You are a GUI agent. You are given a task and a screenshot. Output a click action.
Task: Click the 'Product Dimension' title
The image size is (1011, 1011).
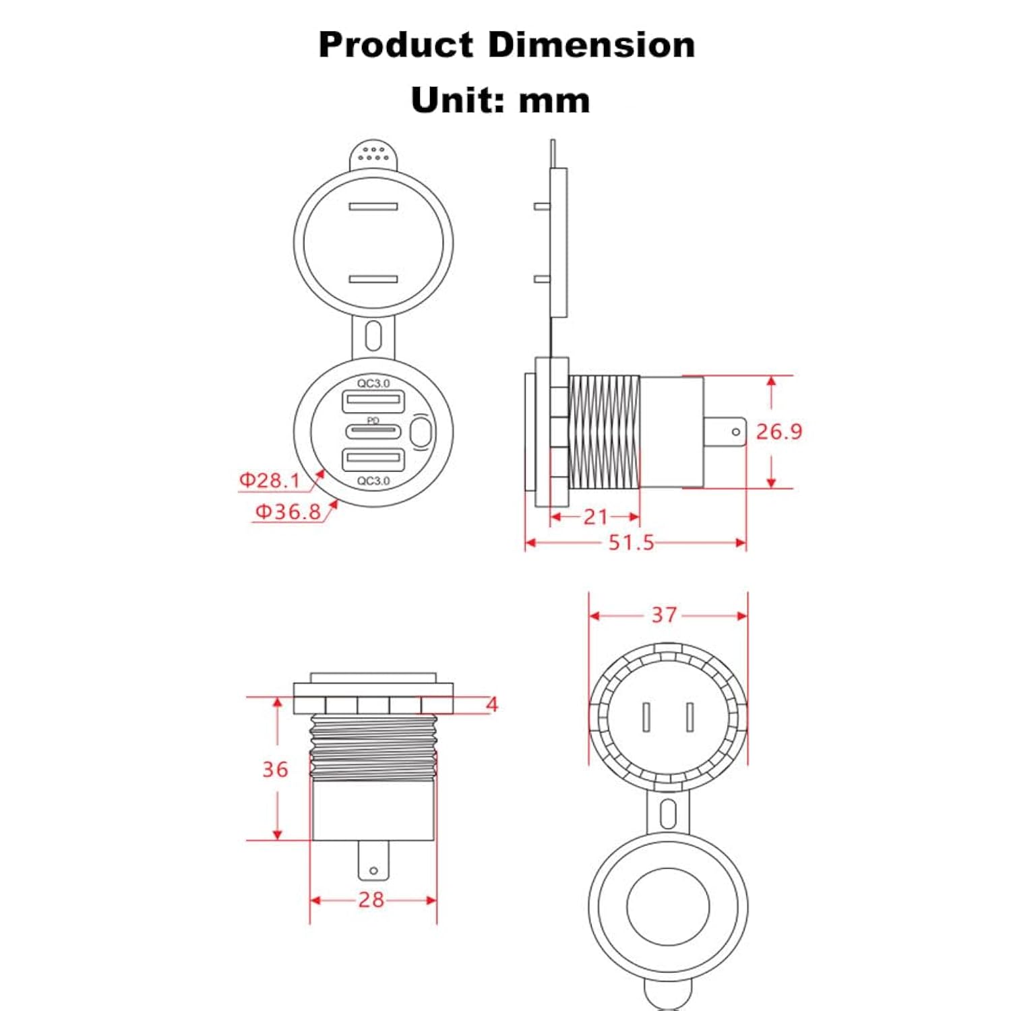click(506, 45)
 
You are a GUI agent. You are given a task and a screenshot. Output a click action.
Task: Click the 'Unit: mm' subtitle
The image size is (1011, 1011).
click(500, 100)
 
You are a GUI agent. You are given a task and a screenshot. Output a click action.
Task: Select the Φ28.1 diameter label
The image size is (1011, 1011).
click(270, 481)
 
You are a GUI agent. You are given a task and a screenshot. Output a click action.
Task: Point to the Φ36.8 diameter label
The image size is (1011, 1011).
click(288, 512)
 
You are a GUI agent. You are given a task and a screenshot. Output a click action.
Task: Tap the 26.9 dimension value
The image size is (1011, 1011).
click(778, 431)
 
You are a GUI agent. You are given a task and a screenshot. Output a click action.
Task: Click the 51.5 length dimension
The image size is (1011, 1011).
click(631, 543)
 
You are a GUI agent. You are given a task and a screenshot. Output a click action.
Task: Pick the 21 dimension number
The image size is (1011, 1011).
click(595, 517)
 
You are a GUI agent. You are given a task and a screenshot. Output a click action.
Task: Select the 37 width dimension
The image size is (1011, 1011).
click(663, 615)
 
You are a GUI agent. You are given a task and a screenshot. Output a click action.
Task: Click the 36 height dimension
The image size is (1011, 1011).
click(275, 769)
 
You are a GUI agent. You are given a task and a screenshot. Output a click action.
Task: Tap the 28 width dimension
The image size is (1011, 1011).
click(371, 899)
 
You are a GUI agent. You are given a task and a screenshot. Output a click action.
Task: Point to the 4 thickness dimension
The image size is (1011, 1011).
click(492, 704)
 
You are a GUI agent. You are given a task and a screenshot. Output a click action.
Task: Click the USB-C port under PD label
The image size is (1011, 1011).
click(373, 432)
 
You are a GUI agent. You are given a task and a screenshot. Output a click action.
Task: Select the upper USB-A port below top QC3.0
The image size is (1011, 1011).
click(373, 402)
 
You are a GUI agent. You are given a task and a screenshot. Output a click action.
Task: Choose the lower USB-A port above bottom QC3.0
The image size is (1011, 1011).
click(373, 460)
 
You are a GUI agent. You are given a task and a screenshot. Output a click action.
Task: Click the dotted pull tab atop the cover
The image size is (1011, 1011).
click(373, 155)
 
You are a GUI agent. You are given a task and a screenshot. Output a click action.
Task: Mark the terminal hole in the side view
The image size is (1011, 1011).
click(735, 431)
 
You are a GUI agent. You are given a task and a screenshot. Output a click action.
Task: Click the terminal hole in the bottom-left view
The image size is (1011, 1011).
click(373, 871)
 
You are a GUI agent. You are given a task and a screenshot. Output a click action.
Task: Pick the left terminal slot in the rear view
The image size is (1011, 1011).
click(646, 717)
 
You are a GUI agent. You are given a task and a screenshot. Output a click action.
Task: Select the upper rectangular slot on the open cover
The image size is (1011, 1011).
click(373, 206)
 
